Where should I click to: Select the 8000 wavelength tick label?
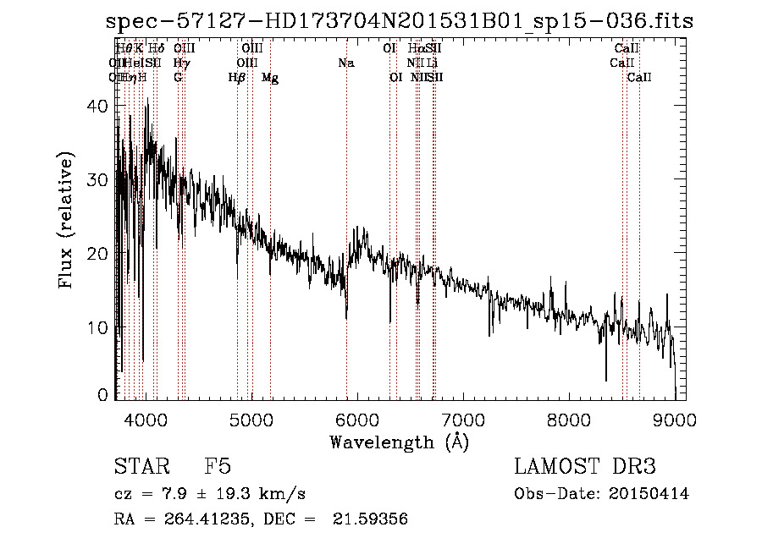[x=569, y=418]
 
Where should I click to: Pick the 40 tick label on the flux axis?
[x=100, y=107]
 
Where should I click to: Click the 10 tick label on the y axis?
[x=100, y=327]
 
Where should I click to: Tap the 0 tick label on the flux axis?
[x=105, y=394]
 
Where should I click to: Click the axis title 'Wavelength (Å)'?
[x=399, y=442]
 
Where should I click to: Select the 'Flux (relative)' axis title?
[x=67, y=220]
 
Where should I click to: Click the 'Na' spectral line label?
[x=345, y=63]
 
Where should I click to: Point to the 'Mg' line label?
[x=270, y=78]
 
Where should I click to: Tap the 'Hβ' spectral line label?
[x=237, y=78]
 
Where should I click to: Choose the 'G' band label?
[x=178, y=78]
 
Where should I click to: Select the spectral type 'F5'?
[x=218, y=467]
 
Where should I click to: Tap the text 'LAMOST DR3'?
[x=585, y=467]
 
